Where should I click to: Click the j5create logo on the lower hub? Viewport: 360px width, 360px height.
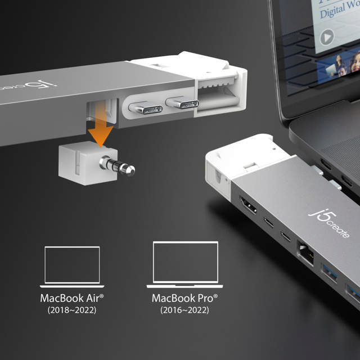pos(330,222)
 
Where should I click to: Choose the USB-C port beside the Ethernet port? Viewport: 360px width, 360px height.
pos(286,236)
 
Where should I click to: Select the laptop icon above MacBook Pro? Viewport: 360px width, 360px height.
pos(185,264)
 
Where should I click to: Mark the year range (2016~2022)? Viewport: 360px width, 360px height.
pos(185,310)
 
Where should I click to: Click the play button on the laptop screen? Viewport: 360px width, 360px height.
pos(327,37)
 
